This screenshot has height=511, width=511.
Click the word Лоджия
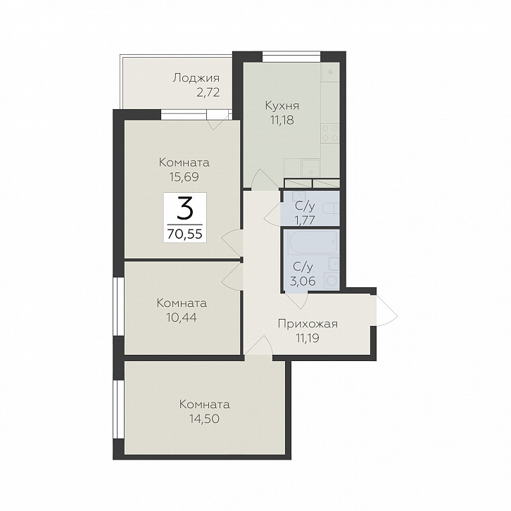196,79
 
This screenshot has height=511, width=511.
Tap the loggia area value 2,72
208,93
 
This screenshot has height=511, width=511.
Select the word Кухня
282,106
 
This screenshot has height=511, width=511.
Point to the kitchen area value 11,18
282,120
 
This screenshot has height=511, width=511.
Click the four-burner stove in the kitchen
330,133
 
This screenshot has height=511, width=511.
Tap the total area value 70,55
185,234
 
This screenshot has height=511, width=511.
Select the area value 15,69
184,177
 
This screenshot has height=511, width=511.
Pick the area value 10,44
182,317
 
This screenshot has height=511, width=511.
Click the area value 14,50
204,419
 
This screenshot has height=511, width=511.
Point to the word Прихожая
308,324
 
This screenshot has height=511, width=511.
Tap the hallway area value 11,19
308,339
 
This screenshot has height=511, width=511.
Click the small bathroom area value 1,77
304,220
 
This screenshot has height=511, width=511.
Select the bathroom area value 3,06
304,281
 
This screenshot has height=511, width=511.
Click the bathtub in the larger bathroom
312,242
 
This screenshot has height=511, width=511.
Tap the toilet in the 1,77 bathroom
331,208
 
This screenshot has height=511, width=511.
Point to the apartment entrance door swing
386,310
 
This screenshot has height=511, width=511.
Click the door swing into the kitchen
265,179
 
